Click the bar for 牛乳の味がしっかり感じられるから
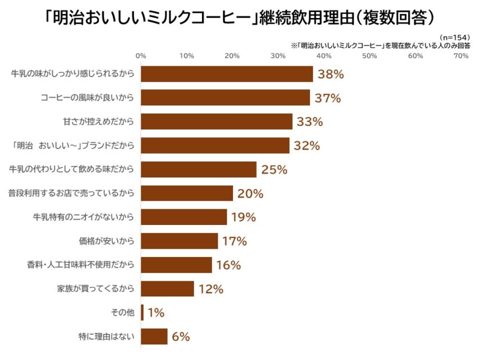point(227,74)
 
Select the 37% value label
point(328,98)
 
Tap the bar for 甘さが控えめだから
point(217,121)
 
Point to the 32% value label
point(307,146)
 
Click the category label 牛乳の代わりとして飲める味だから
point(72,169)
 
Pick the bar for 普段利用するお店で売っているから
point(187,193)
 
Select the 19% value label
point(243,217)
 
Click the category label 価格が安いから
point(106,241)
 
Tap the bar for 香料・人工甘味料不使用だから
point(176,265)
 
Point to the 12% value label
point(210,289)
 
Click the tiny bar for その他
point(142,313)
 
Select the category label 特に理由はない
point(106,337)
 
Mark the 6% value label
point(181,337)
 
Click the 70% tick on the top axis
point(461,56)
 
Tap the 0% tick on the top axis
point(141,56)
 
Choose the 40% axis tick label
point(324,56)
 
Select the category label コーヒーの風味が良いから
point(88,98)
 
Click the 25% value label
point(275,169)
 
